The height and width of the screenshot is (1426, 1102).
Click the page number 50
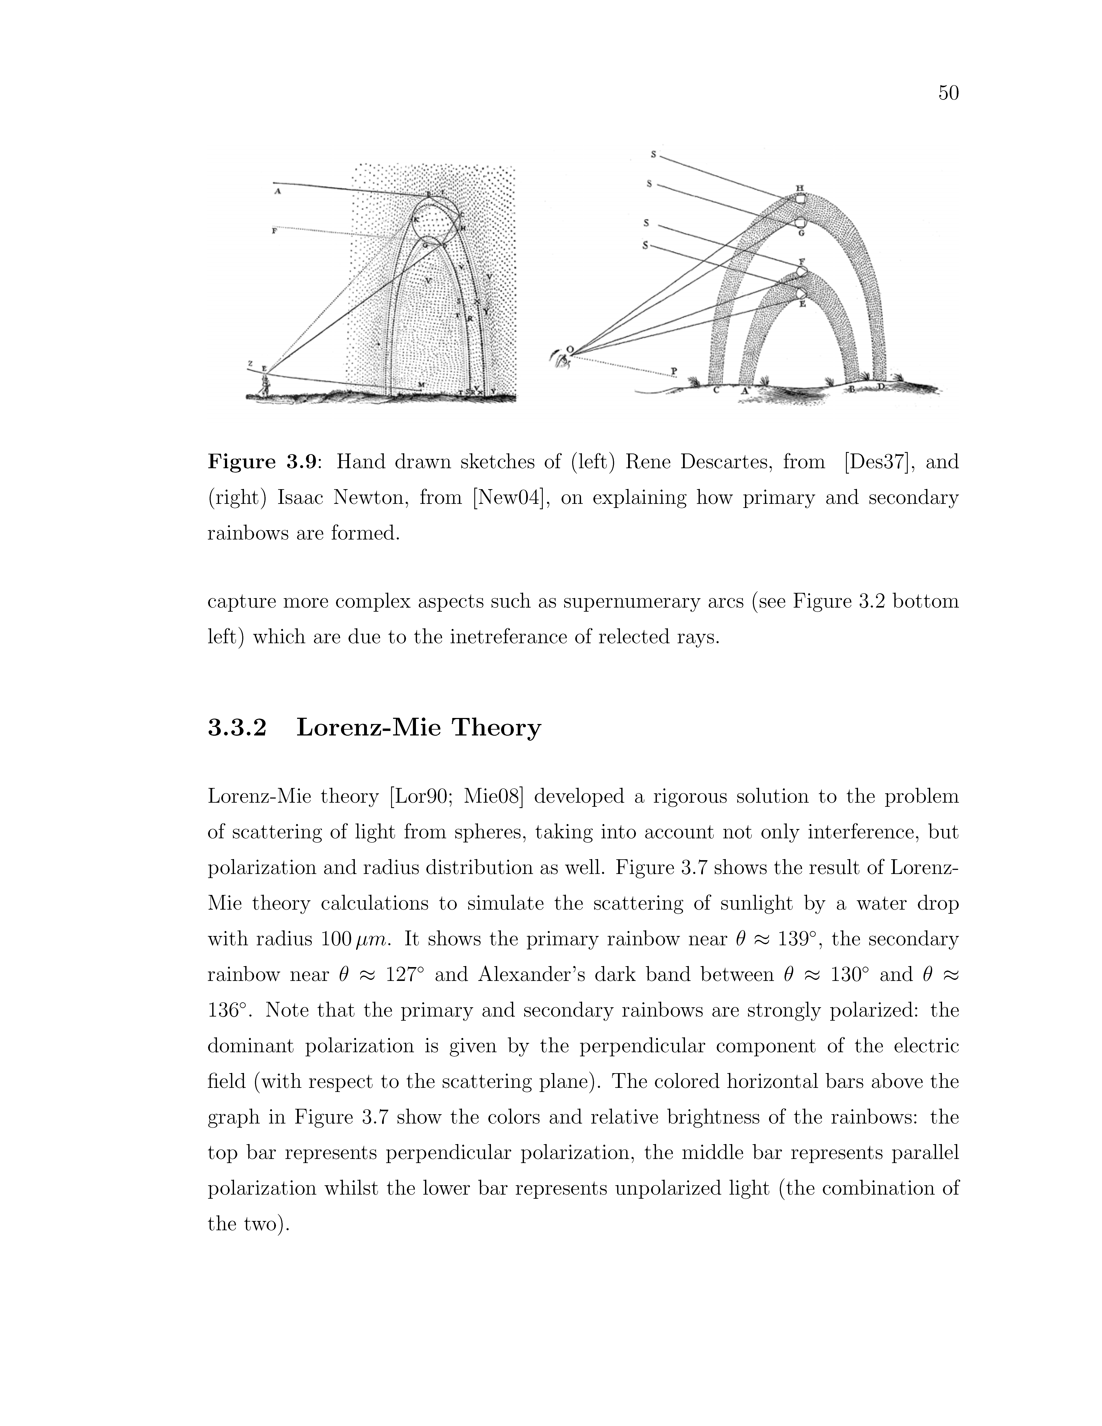(948, 93)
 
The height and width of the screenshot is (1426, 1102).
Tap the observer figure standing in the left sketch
(265, 384)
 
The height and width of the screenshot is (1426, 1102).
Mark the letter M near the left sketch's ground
(421, 385)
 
